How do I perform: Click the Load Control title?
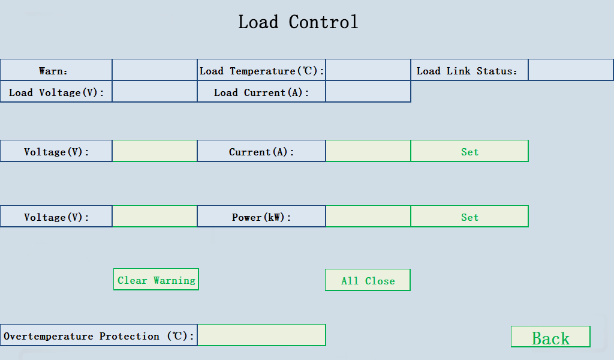pyautogui.click(x=298, y=22)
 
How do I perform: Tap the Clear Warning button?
pyautogui.click(x=156, y=280)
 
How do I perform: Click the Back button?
pyautogui.click(x=550, y=337)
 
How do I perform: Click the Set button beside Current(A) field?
pyautogui.click(x=469, y=151)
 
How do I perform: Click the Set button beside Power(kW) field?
pyautogui.click(x=469, y=217)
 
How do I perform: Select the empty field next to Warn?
pyautogui.click(x=155, y=70)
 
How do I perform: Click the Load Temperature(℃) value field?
pyautogui.click(x=368, y=70)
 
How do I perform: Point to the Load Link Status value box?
pyautogui.click(x=570, y=70)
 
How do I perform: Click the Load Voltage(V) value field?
pyautogui.click(x=155, y=92)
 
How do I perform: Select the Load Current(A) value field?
pyautogui.click(x=368, y=92)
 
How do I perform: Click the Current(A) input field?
pyautogui.click(x=368, y=151)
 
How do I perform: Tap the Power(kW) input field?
pyautogui.click(x=368, y=217)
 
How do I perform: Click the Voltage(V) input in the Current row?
pyautogui.click(x=155, y=151)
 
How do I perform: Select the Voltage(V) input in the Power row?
pyautogui.click(x=155, y=217)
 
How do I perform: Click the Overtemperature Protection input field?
pyautogui.click(x=261, y=335)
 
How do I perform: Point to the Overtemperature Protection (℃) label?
pyautogui.click(x=99, y=336)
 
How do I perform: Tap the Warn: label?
pyautogui.click(x=56, y=70)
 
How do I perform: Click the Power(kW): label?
pyautogui.click(x=261, y=217)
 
